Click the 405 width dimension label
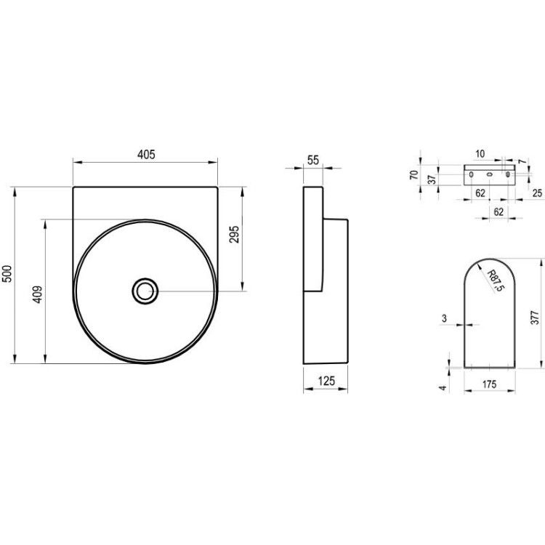point(146,154)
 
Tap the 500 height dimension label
point(7,274)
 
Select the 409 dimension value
point(38,294)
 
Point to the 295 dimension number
point(234,234)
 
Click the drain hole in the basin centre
point(145,291)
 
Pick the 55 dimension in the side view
point(312,160)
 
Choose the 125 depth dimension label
point(326,381)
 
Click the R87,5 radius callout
point(496,280)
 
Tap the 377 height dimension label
point(536,318)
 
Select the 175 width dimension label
point(489,384)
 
